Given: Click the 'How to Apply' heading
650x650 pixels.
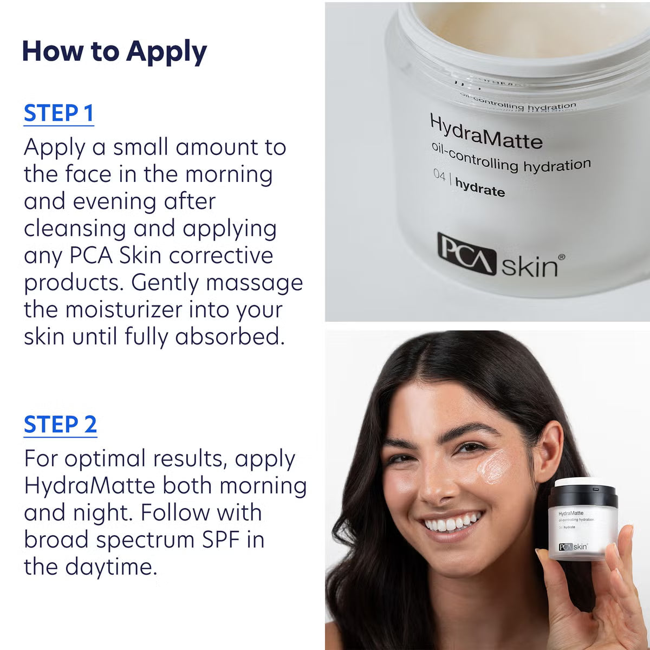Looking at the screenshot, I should click(114, 51).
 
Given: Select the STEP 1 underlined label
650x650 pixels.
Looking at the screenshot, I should click(58, 113).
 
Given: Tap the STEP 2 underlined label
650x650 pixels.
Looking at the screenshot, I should click(60, 424).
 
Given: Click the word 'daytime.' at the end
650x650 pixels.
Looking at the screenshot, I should click(111, 567).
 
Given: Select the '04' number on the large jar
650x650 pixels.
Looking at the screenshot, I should click(439, 176).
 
